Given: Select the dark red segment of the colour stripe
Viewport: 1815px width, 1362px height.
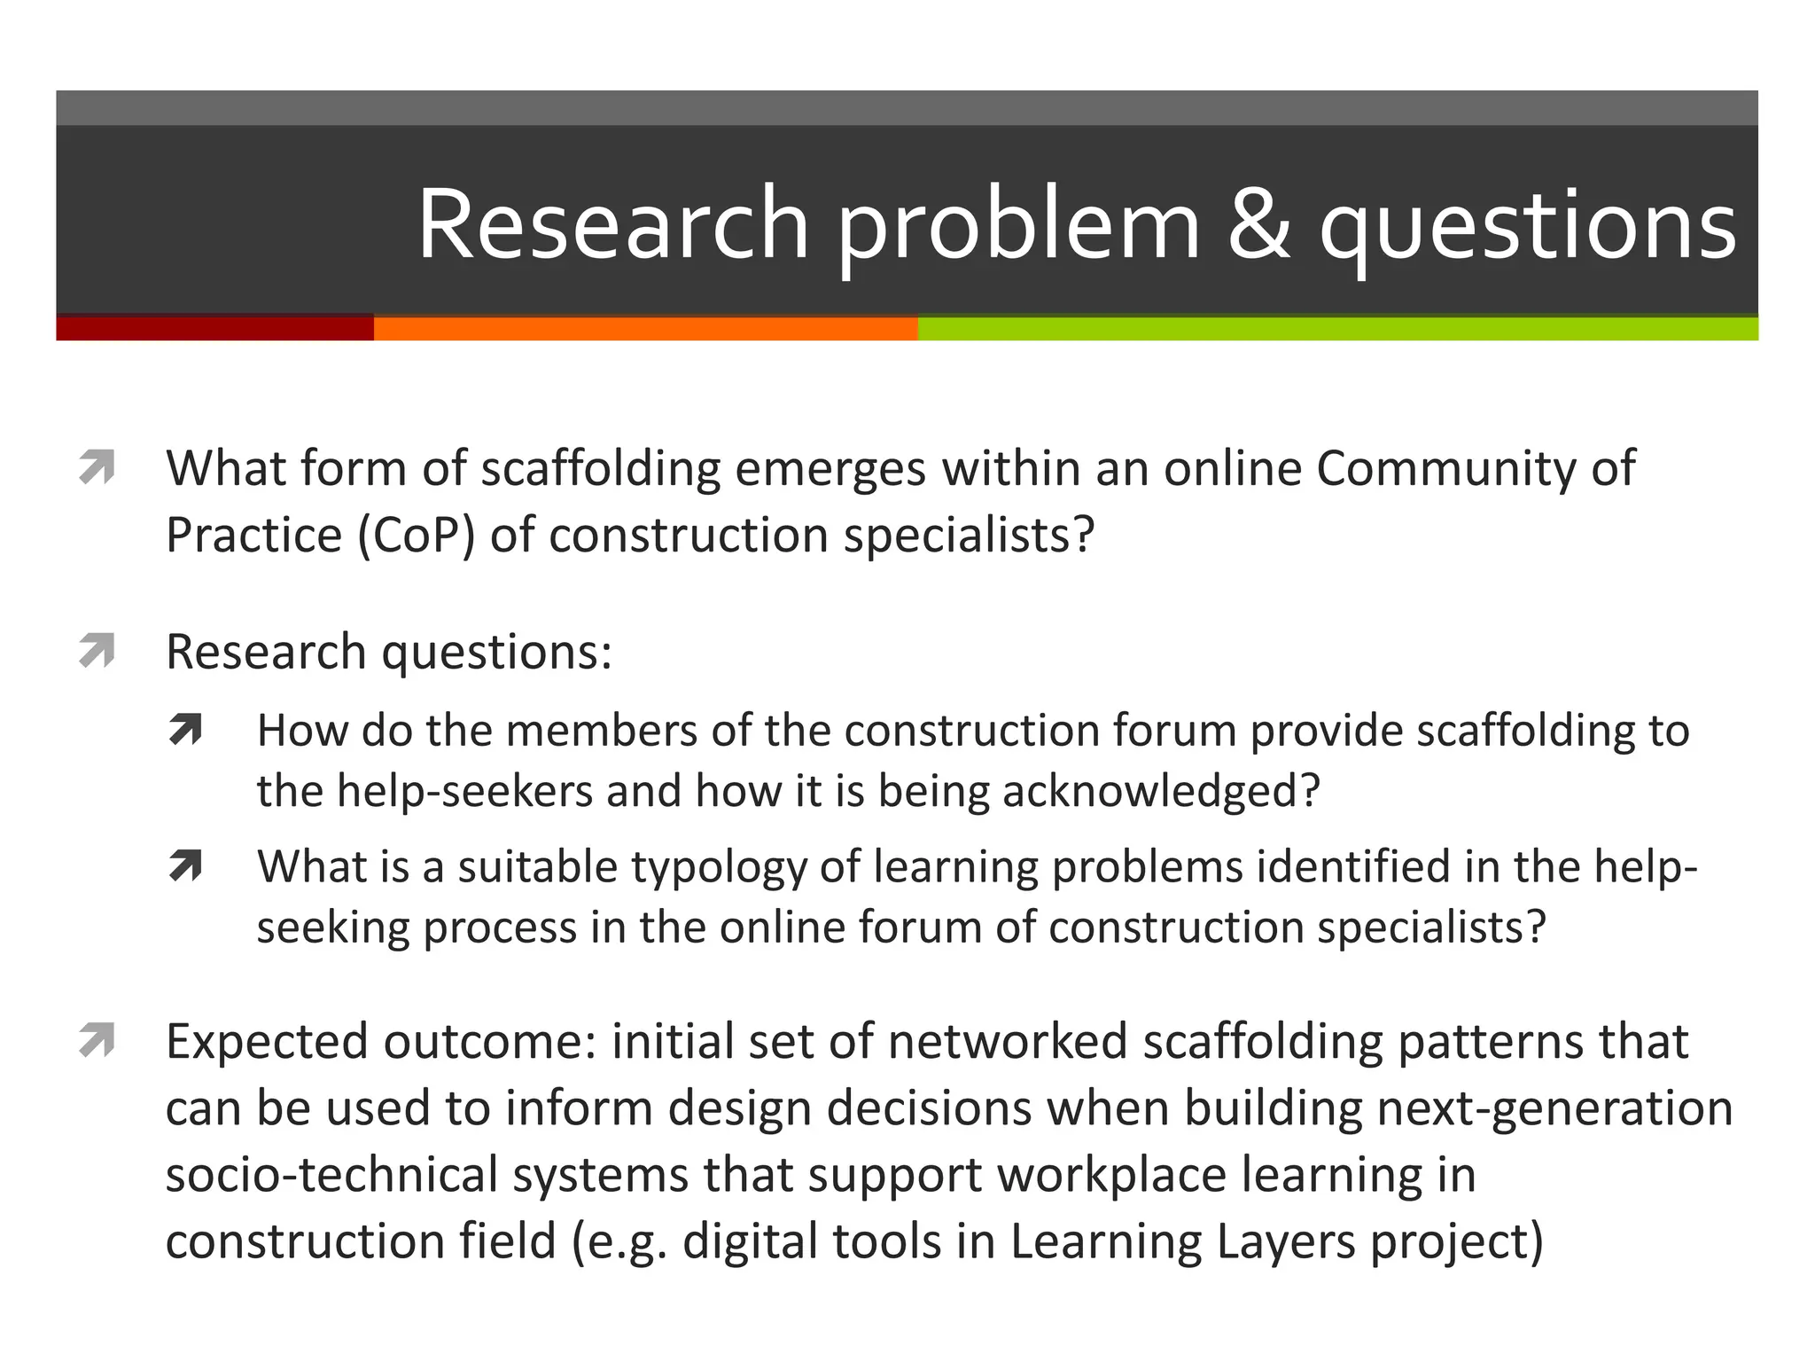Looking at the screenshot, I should pyautogui.click(x=214, y=328).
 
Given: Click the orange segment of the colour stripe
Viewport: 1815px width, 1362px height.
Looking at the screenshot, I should pyautogui.click(x=645, y=328).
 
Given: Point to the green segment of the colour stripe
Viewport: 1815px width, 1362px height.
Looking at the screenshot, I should pyautogui.click(x=1337, y=328).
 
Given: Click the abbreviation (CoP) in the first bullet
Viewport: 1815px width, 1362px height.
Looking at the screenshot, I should pyautogui.click(x=417, y=536).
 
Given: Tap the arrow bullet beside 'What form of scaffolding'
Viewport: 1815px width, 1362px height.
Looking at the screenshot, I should pyautogui.click(x=97, y=467).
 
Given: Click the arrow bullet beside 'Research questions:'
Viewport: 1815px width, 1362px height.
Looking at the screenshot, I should pyautogui.click(x=97, y=651).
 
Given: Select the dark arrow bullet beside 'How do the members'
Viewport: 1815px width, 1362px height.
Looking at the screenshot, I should pyautogui.click(x=186, y=730).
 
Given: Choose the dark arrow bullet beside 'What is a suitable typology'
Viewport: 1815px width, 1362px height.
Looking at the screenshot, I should pyautogui.click(x=186, y=866).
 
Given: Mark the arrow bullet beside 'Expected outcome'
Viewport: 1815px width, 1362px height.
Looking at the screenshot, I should pyautogui.click(x=97, y=1040).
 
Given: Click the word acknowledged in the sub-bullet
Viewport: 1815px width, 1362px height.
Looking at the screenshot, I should pyautogui.click(x=1161, y=791).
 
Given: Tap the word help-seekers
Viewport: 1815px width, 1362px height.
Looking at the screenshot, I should pyautogui.click(x=464, y=791).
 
